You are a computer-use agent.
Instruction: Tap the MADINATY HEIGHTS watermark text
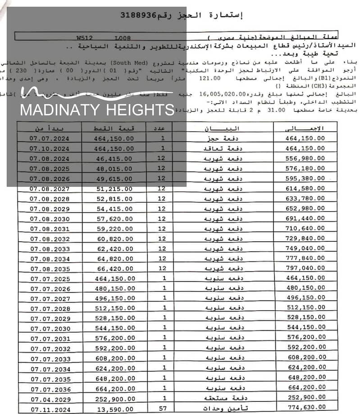tap(97, 110)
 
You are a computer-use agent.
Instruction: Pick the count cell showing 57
tap(164, 409)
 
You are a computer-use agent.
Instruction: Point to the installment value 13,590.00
tap(114, 409)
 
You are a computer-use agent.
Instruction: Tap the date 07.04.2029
tap(50, 399)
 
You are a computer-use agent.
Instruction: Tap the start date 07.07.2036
tap(50, 389)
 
